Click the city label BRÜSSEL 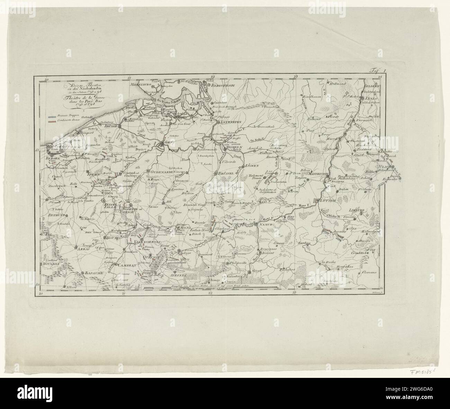tap(226, 174)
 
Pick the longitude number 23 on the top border tap(296, 77)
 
